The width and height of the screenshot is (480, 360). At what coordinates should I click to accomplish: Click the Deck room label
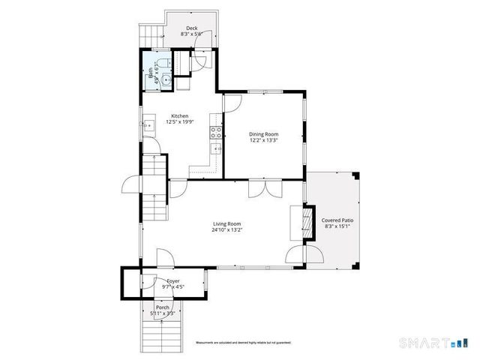coord(192,27)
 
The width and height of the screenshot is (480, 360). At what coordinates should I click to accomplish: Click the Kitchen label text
coord(180,116)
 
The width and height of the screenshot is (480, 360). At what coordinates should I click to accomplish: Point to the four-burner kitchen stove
coord(217,132)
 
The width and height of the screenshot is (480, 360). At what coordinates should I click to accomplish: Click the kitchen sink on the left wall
coord(147,126)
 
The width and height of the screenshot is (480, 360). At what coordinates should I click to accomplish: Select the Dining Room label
coord(263,134)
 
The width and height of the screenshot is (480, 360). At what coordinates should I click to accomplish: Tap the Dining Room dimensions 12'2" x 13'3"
coord(263,140)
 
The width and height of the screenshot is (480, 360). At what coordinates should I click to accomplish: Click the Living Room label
coord(226,223)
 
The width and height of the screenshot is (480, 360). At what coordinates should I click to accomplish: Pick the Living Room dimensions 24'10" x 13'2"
coord(226,230)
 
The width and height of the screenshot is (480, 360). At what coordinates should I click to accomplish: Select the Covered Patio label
coord(337,220)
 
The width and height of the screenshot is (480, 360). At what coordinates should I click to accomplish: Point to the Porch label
coord(163,307)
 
